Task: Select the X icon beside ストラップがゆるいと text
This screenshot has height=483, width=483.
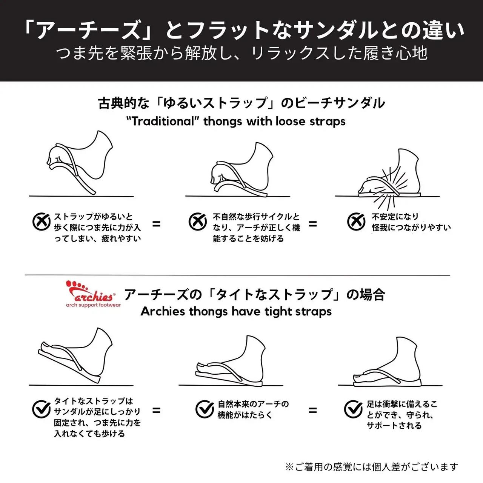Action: tap(41, 222)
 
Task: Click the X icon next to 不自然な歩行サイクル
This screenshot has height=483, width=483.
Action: tap(198, 222)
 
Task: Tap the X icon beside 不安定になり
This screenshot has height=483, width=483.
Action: tap(356, 222)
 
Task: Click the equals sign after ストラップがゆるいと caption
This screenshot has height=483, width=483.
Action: tap(156, 224)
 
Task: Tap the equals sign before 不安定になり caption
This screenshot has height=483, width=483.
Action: tap(312, 224)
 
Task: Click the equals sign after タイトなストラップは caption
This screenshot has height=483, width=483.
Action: tap(156, 410)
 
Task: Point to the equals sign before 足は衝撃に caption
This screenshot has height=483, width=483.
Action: tap(312, 410)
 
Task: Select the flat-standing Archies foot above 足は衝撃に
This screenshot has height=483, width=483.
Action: tap(389, 364)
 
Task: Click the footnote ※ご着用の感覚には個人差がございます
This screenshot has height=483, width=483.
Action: tap(372, 467)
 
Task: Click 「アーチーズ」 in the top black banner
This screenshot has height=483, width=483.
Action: tap(87, 30)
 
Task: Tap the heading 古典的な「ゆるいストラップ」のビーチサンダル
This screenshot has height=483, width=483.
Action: tap(241, 103)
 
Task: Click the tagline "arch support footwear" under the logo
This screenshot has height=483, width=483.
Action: tap(93, 305)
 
